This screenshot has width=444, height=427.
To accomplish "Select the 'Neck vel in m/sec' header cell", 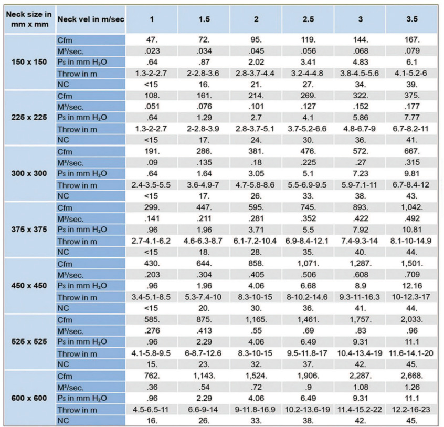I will click(89, 19).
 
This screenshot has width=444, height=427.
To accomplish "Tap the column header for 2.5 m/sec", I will click(308, 19).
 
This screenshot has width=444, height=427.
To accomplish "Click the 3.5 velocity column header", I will click(411, 19).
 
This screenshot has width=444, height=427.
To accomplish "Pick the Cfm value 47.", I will click(152, 40).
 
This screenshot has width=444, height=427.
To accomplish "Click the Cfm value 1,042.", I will click(411, 207).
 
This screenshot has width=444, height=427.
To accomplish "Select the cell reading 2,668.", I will click(411, 375).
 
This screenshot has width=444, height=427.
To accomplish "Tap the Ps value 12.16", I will click(411, 286).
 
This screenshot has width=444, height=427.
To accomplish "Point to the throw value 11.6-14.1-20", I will click(411, 352).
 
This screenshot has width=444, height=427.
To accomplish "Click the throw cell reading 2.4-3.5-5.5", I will click(152, 185).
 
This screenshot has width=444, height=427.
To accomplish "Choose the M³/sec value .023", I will click(152, 51).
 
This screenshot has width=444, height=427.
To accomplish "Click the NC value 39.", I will click(411, 85).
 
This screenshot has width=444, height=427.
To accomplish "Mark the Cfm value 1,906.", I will click(308, 375).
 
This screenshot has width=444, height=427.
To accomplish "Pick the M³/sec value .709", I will click(411, 274).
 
